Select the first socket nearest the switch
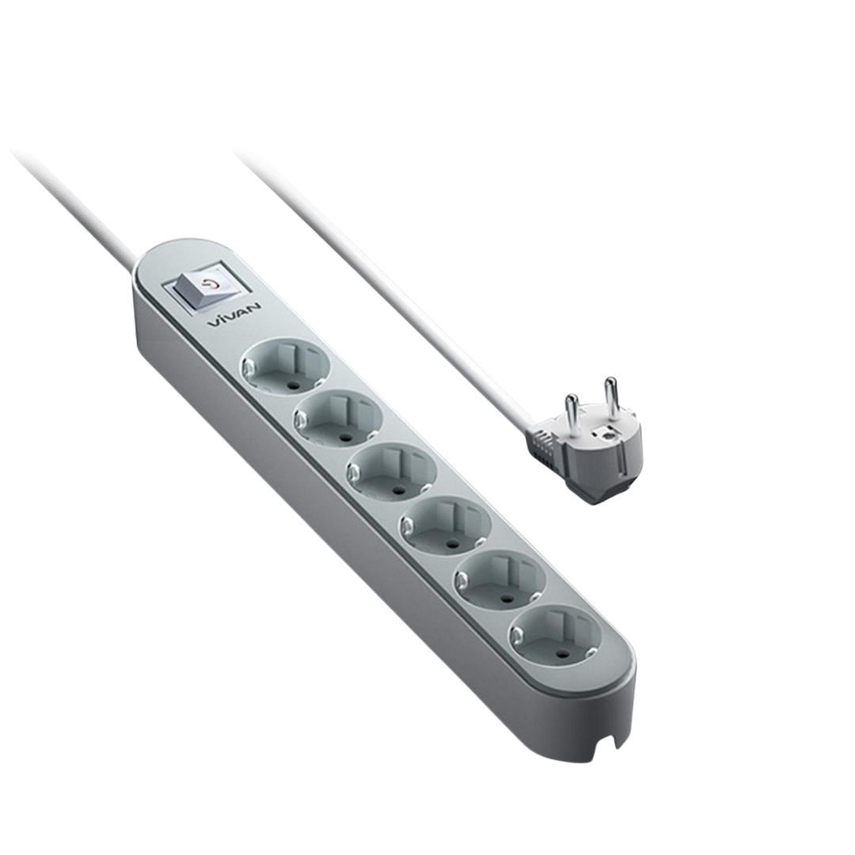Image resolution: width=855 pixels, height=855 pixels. click(x=285, y=365)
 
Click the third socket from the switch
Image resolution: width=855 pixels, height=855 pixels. click(x=392, y=470)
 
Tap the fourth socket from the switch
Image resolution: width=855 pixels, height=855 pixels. click(x=446, y=523)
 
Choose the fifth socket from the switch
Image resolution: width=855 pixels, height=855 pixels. click(x=501, y=577)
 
